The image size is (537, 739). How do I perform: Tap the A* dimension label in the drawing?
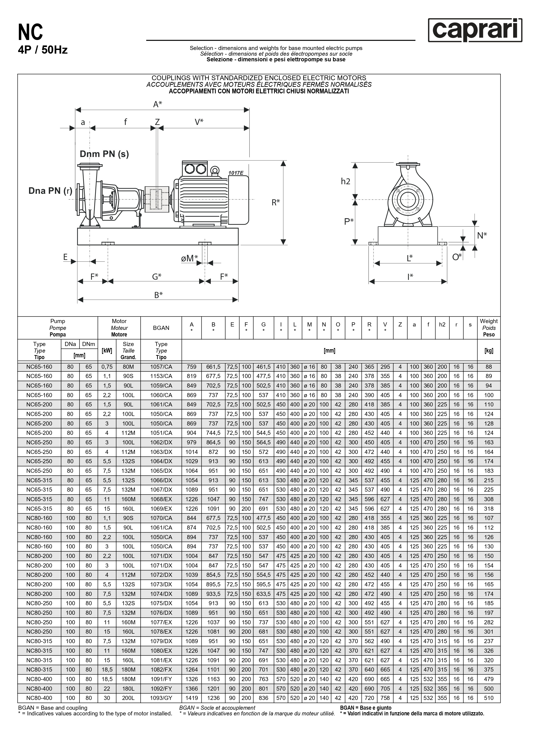tap(158, 104)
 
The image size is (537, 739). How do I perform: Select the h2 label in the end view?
tap(346, 181)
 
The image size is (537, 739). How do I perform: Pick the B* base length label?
tap(158, 295)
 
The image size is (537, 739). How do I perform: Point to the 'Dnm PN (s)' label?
tap(104, 154)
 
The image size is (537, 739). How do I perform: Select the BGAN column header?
tap(161, 328)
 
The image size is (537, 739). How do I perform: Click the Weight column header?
tap(489, 328)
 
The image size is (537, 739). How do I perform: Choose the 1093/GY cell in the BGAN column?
tap(161, 698)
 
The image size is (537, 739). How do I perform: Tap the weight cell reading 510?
tap(489, 698)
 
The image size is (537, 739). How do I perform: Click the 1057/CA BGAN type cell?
tap(161, 367)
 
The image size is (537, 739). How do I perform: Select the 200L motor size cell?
tap(128, 698)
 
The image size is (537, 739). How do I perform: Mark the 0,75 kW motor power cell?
tap(107, 367)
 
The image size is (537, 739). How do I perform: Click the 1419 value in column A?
tap(191, 698)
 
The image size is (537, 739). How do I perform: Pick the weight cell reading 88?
tap(489, 367)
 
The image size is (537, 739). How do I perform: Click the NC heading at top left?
tap(30, 32)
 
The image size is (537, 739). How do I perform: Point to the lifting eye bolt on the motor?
tap(214, 170)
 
